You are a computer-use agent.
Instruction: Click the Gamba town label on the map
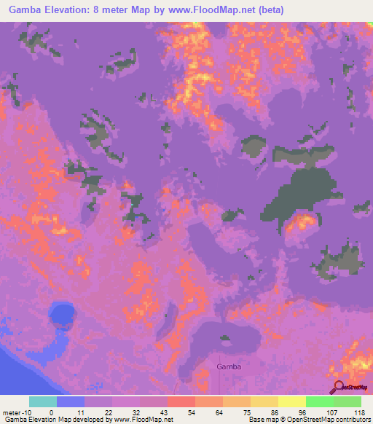(229, 367)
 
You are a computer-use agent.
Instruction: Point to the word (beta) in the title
(267, 10)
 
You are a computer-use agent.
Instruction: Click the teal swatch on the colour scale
(42, 401)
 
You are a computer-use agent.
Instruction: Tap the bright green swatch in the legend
(320, 401)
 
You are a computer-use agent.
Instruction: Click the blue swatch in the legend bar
(70, 401)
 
